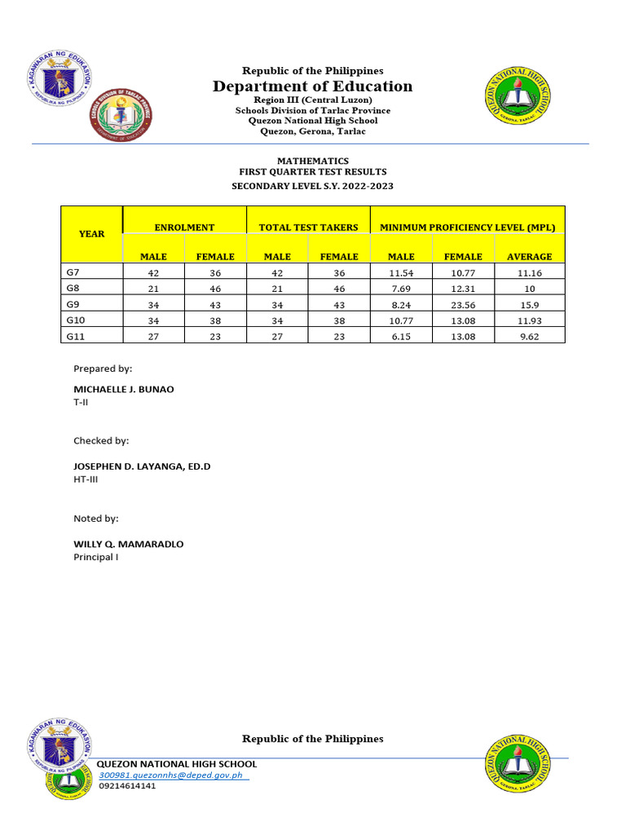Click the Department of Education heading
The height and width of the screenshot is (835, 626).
(x=312, y=86)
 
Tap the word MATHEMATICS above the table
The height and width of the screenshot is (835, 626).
(x=312, y=161)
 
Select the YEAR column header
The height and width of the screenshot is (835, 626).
(x=91, y=234)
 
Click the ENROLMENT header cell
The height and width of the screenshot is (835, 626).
(x=184, y=228)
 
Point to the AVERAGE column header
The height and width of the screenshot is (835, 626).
(x=529, y=256)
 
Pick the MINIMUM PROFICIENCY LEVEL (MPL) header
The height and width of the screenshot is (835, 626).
(x=467, y=228)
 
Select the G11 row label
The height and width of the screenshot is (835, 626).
(x=76, y=336)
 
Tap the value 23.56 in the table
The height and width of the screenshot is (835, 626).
(x=463, y=305)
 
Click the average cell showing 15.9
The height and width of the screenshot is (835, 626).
(x=529, y=305)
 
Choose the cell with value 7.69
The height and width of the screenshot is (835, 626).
(x=401, y=289)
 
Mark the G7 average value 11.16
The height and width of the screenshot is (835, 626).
(x=529, y=274)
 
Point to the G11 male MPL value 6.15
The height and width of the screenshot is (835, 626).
(x=401, y=336)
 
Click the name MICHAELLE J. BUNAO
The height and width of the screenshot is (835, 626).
(x=124, y=389)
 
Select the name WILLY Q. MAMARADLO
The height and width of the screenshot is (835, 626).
(x=129, y=543)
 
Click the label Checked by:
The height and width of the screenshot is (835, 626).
(x=101, y=440)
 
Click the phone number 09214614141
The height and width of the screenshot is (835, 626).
(x=127, y=786)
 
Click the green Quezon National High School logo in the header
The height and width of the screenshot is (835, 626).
(x=518, y=97)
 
